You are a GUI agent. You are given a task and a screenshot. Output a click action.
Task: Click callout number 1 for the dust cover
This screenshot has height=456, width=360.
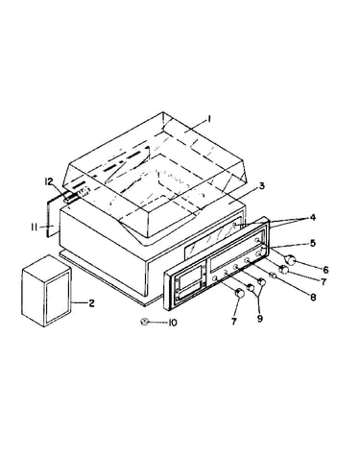209,119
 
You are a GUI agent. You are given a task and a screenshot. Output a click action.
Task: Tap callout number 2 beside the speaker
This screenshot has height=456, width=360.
91,302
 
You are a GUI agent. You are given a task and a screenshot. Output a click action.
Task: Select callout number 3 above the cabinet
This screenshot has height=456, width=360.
262,185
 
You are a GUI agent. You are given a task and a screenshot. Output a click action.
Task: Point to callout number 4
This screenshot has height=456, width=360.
312,217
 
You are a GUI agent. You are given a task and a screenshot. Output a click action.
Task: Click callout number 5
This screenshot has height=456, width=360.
313,243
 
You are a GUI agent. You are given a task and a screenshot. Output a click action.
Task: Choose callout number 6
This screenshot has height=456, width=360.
325,270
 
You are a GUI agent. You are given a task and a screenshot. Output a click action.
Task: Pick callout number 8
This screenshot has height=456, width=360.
313,297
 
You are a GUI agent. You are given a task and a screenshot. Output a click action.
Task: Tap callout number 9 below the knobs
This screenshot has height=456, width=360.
260,319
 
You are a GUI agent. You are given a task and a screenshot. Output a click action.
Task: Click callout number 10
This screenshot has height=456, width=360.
173,324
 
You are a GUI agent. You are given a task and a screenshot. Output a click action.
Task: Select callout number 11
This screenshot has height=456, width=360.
35,227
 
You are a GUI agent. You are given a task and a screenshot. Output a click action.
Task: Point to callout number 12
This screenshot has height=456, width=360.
48,182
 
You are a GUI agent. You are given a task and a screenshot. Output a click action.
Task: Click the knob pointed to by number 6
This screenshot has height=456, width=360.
290,259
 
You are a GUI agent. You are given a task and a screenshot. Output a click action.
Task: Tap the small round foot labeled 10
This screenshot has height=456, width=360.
144,322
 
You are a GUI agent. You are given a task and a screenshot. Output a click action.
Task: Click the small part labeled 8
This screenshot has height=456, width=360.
274,276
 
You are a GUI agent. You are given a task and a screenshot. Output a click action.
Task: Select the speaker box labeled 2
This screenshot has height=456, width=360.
46,291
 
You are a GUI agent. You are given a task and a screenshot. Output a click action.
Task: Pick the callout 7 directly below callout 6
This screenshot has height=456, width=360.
324,282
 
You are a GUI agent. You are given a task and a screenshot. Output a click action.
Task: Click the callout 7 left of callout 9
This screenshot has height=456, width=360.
233,322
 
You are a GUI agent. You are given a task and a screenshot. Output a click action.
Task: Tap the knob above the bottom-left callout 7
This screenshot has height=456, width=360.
239,293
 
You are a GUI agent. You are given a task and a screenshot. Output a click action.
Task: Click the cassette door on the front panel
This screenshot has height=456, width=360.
190,283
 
